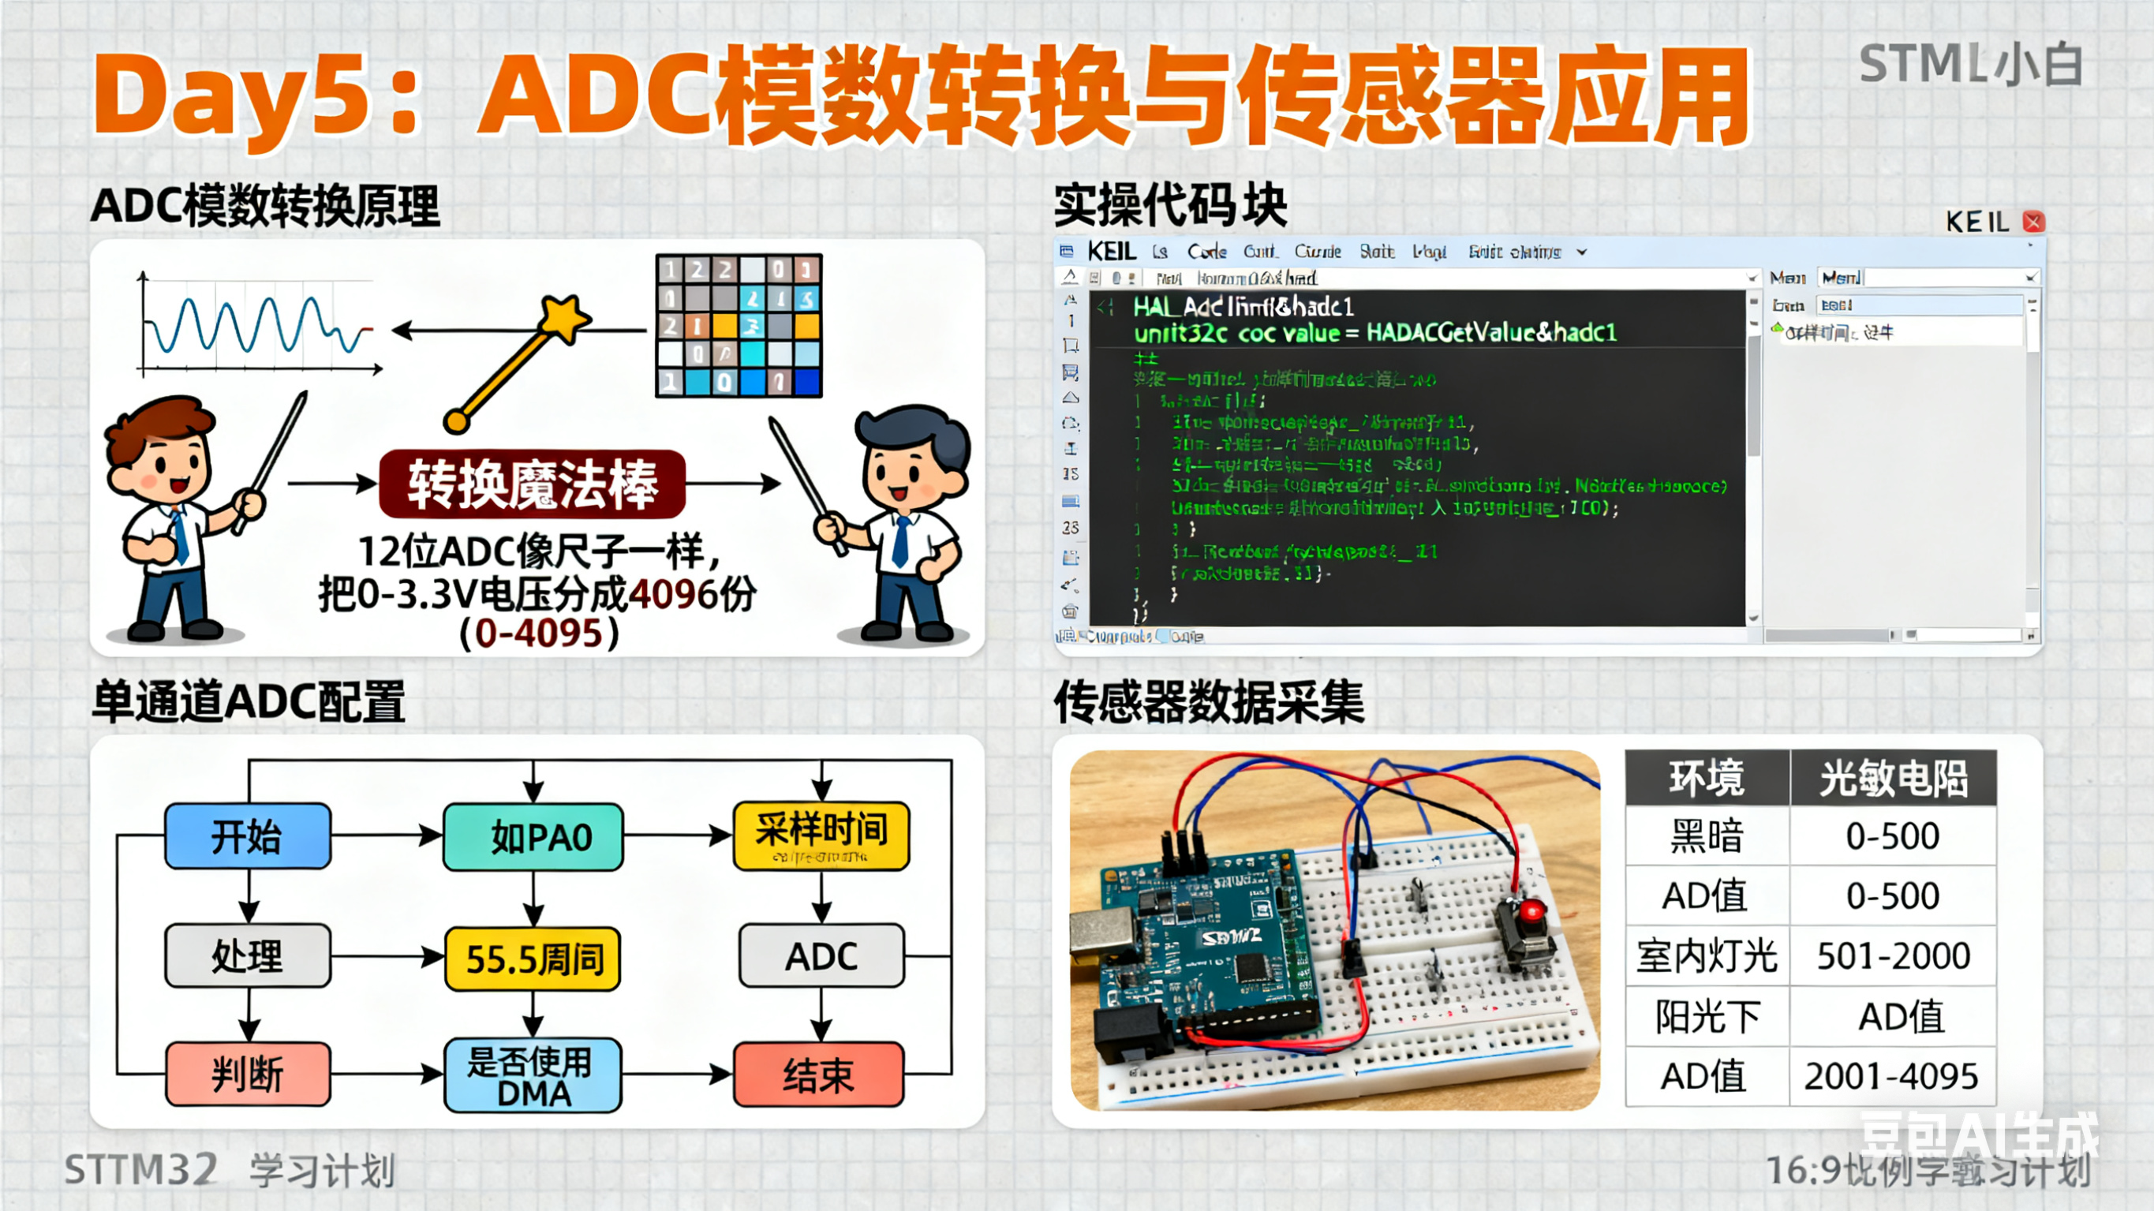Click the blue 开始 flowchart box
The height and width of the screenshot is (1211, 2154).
pyautogui.click(x=248, y=835)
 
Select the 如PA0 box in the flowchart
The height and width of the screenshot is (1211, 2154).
pyautogui.click(x=533, y=836)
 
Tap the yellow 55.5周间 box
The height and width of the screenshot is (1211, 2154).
pyautogui.click(x=533, y=959)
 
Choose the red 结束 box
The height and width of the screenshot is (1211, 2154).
pyautogui.click(x=819, y=1075)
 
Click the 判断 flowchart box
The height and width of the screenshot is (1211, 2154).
pyautogui.click(x=248, y=1075)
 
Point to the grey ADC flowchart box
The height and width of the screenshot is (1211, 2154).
pyautogui.click(x=821, y=956)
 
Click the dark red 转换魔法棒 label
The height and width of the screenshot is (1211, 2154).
pyautogui.click(x=533, y=484)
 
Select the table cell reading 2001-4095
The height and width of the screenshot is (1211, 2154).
pyautogui.click(x=1891, y=1076)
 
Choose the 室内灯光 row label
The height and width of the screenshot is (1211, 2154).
pyautogui.click(x=1707, y=956)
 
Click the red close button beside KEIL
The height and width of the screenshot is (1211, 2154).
pyautogui.click(x=2033, y=222)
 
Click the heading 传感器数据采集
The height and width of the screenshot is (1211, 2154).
pyautogui.click(x=1208, y=701)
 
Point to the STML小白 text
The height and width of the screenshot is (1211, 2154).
pyautogui.click(x=1969, y=65)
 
